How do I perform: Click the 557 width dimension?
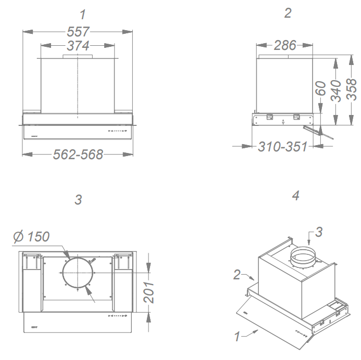click(78, 32)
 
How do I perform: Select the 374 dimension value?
click(78, 45)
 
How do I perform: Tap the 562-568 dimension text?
click(78, 155)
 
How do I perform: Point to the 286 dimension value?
click(285, 45)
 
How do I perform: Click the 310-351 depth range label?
click(282, 146)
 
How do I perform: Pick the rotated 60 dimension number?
click(320, 88)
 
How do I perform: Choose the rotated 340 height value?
click(335, 91)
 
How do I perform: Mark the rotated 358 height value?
click(351, 89)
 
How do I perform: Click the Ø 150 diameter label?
click(31, 236)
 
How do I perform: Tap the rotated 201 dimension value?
click(148, 292)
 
